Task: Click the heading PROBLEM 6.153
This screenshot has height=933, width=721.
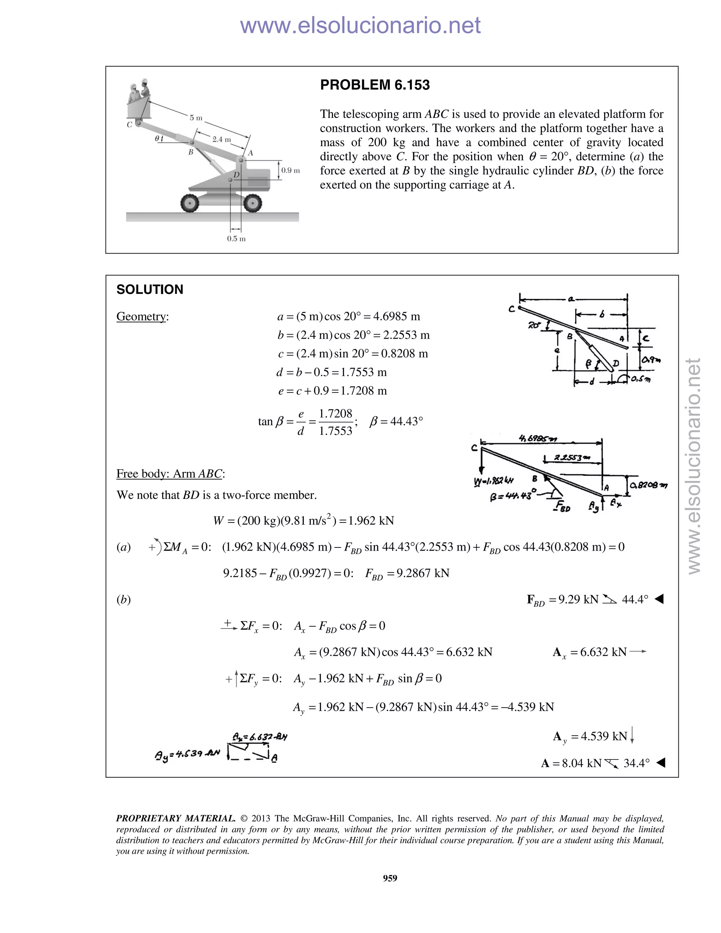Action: tap(375, 85)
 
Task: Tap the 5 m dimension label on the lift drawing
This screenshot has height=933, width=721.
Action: tap(196, 118)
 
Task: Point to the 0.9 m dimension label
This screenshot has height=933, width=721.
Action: tap(290, 170)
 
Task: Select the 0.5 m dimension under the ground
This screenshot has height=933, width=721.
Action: tap(236, 238)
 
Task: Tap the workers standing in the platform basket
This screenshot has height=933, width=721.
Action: tap(139, 90)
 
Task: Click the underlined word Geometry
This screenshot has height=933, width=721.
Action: tap(142, 317)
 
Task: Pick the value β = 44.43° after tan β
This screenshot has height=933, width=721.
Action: tap(396, 422)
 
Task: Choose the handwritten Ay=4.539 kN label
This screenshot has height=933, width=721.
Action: tap(187, 754)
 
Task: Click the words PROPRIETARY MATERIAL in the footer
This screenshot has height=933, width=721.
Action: tap(176, 819)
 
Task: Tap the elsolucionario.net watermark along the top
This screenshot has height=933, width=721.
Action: tap(360, 25)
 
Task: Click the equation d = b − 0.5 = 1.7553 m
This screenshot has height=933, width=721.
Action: tap(331, 372)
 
